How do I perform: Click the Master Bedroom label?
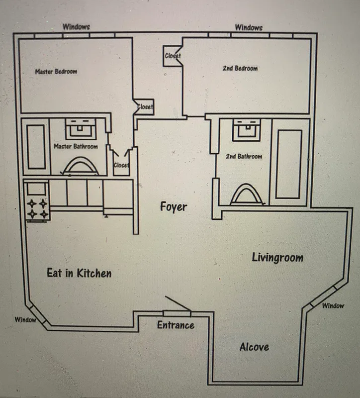[56, 72]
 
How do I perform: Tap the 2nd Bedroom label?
[240, 68]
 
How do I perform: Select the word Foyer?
[174, 206]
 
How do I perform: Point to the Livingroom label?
[277, 258]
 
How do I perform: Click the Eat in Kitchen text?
[79, 273]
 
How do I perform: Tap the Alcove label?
[254, 347]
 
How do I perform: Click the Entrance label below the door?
[176, 325]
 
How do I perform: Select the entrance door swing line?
[178, 304]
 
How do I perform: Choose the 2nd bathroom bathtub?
[289, 164]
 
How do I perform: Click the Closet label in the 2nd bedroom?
[173, 56]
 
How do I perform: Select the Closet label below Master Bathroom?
[121, 165]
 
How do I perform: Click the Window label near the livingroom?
[333, 305]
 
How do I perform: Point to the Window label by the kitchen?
[25, 319]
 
